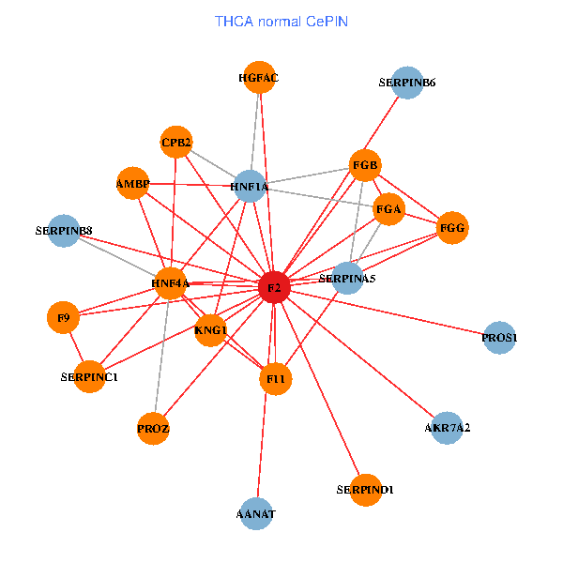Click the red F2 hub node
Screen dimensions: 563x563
pos(273,288)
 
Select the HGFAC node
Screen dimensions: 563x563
pos(259,78)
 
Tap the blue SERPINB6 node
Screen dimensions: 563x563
pos(406,83)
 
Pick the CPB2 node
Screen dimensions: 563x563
pos(176,143)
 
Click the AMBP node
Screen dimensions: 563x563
pos(132,183)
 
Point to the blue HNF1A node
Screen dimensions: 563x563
pos(249,187)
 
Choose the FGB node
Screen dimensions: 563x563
pos(365,166)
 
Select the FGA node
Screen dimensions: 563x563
pos(388,210)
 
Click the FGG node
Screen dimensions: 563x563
pos(452,228)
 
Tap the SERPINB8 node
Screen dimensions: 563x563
pos(64,230)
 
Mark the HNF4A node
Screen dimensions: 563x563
pos(170,282)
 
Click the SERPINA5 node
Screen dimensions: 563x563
pos(347,278)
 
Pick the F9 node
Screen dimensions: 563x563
pos(63,318)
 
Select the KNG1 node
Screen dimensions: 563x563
pos(211,329)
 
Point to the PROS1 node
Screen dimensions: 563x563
pos(499,337)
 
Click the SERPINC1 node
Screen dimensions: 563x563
pos(89,376)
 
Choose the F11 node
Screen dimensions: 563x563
pos(276,379)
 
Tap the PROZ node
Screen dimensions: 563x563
pos(153,428)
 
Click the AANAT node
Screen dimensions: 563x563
pos(256,513)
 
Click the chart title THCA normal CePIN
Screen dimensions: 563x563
pos(281,20)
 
